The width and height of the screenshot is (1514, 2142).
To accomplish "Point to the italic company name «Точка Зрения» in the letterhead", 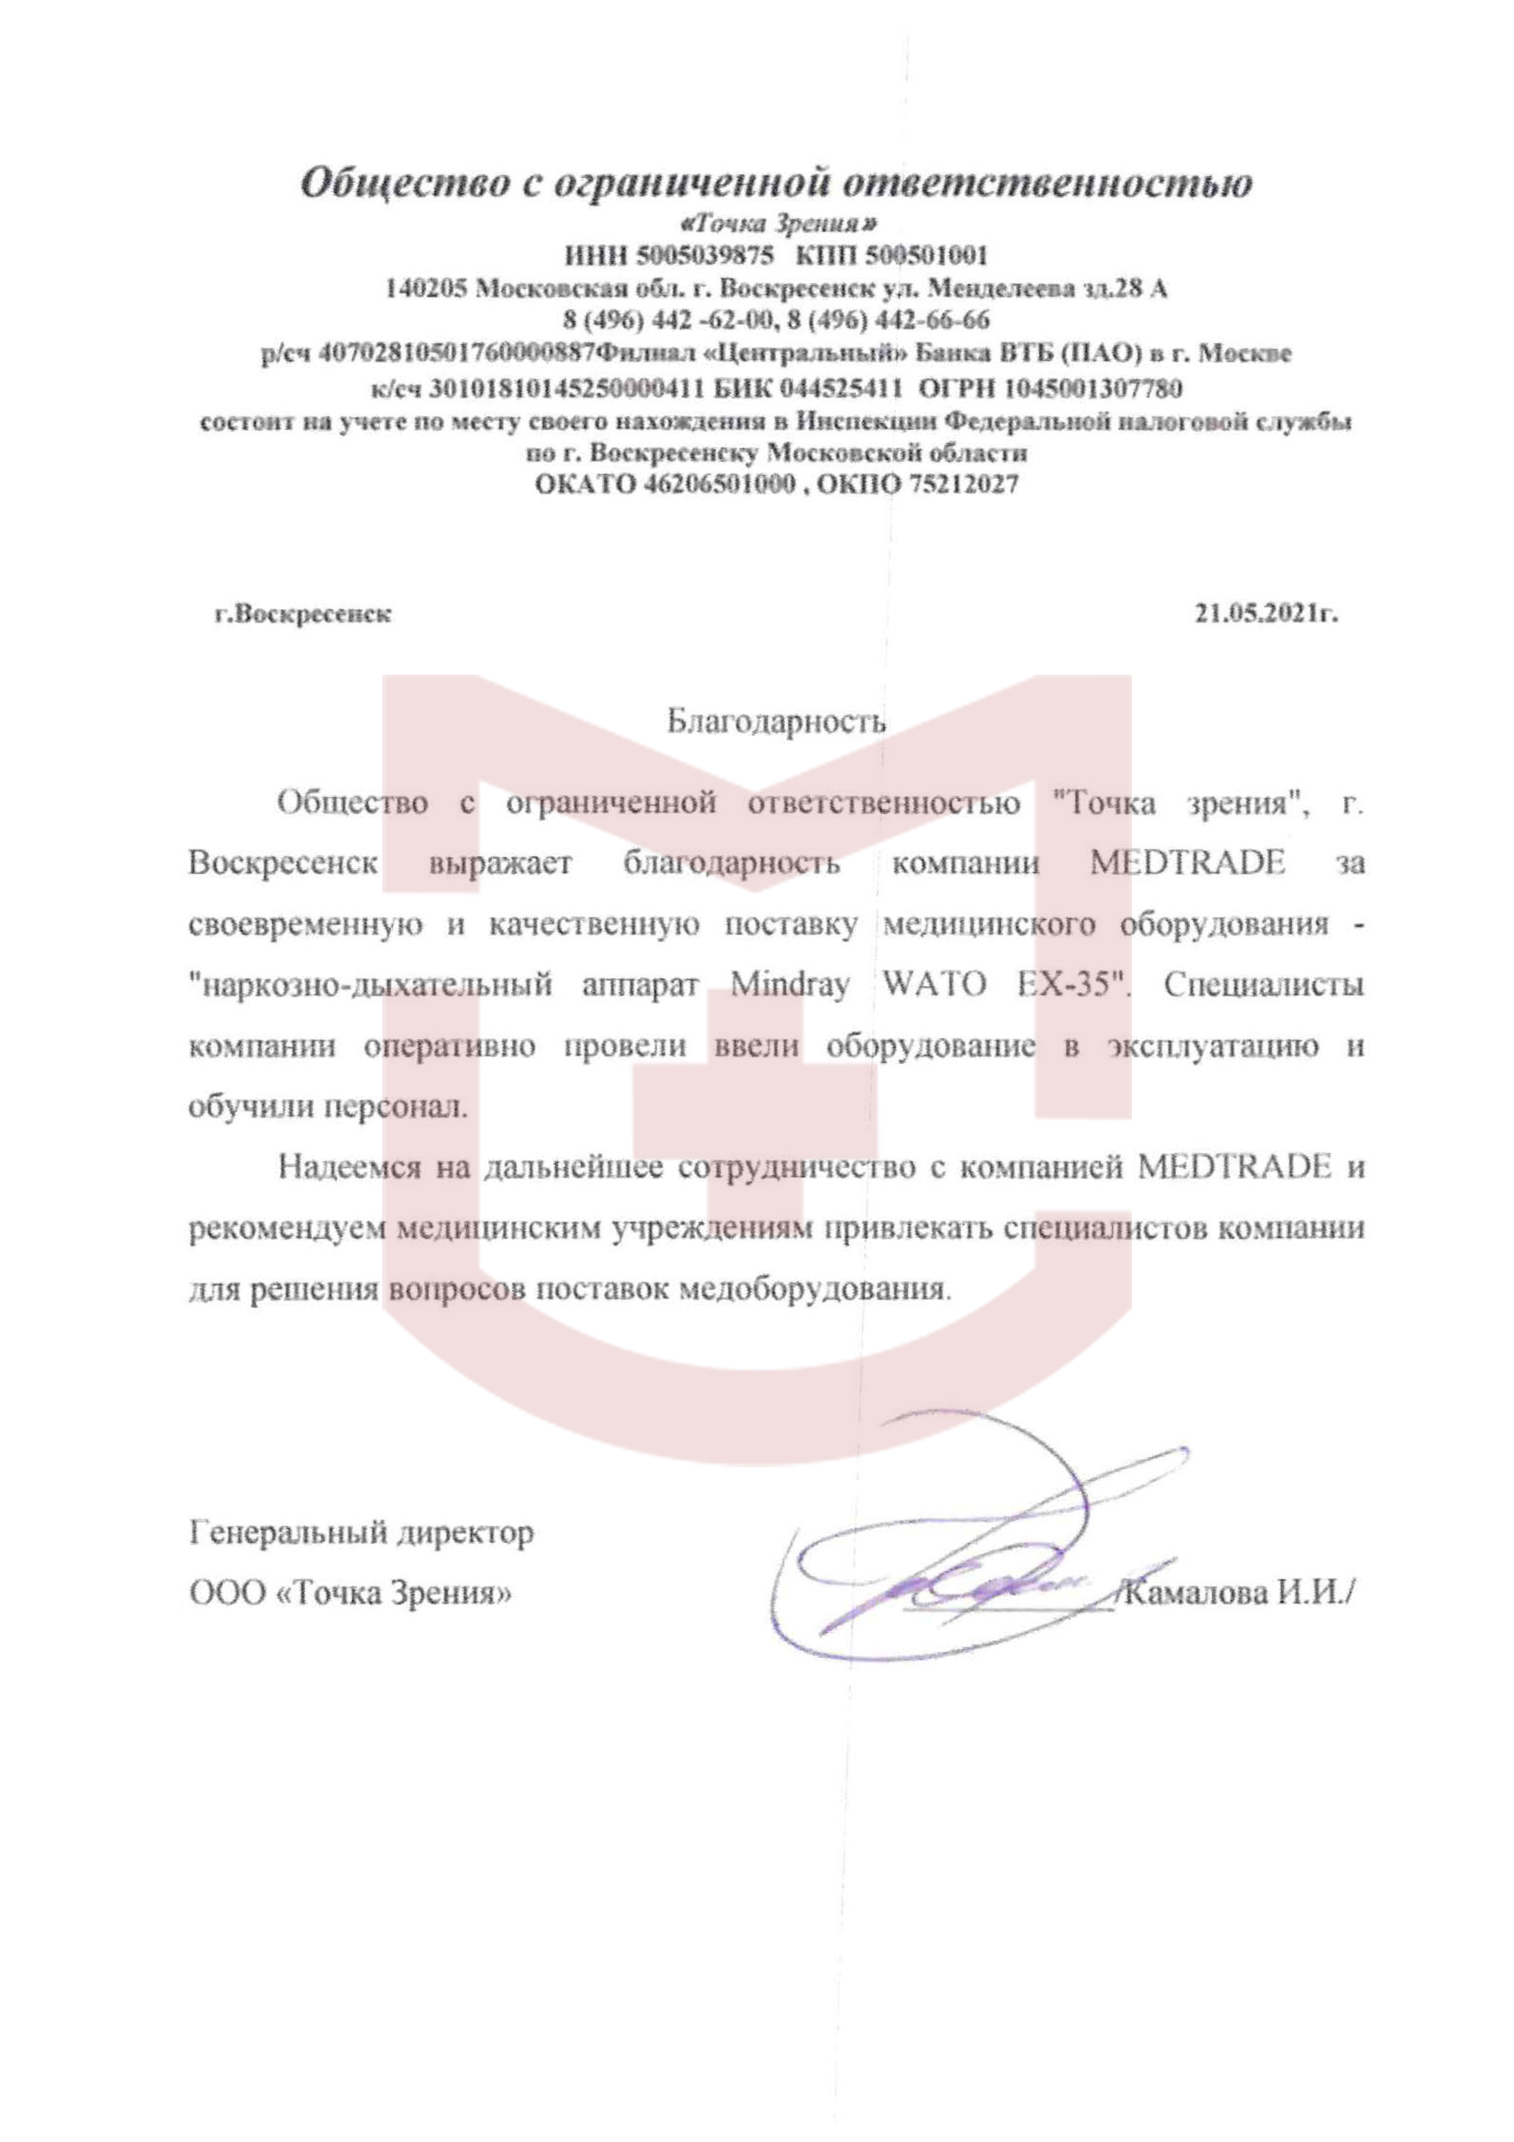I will point(778,224).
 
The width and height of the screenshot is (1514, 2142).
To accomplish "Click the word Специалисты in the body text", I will point(1264,984).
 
